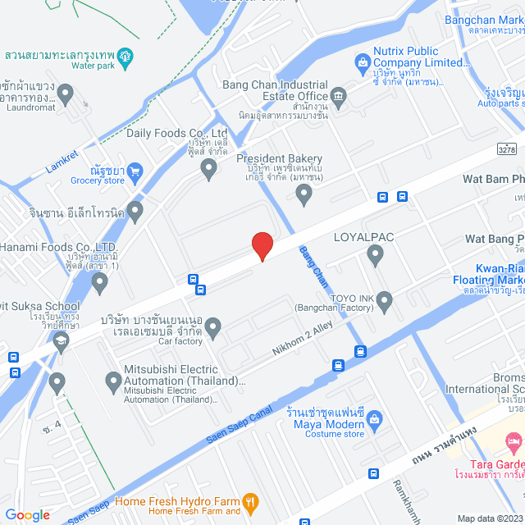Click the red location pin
262,245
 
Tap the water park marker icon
126,57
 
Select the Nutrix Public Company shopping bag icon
362,62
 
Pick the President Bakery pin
304,194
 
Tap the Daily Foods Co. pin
208,170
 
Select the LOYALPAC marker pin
376,257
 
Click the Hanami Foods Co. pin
100,283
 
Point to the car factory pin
213,328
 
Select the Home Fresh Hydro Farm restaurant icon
252,501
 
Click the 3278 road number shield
507,148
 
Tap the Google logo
27,515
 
